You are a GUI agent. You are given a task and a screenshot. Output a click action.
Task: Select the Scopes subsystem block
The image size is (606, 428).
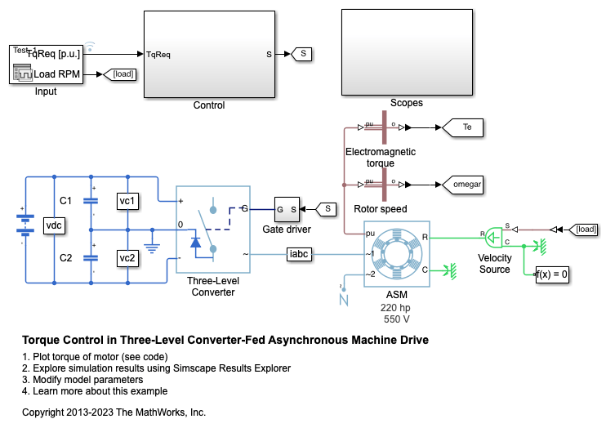click(x=406, y=54)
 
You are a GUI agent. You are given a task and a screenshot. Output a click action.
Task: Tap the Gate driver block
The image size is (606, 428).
click(x=287, y=209)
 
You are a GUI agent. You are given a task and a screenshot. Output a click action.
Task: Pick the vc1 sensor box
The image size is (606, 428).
click(x=127, y=201)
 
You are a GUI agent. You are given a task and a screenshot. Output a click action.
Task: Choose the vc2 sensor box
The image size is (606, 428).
click(x=127, y=258)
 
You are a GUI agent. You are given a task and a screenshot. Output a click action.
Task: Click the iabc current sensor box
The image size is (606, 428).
click(x=298, y=254)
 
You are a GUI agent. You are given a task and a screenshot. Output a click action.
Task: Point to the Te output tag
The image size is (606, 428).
click(x=466, y=127)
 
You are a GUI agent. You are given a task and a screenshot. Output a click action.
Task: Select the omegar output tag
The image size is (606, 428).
click(x=466, y=185)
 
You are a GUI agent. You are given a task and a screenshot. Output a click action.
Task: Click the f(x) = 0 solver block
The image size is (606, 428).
click(x=552, y=274)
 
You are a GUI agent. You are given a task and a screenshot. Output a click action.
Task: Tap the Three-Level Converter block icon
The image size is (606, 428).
click(x=213, y=228)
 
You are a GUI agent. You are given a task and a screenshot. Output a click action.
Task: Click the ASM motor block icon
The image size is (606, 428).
click(x=396, y=255)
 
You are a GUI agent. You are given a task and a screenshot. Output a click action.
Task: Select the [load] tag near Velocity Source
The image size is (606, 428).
click(x=586, y=229)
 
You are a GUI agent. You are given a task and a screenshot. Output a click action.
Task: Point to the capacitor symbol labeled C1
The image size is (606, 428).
click(x=91, y=201)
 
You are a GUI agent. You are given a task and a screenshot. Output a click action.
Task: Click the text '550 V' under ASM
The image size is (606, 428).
click(x=396, y=319)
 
